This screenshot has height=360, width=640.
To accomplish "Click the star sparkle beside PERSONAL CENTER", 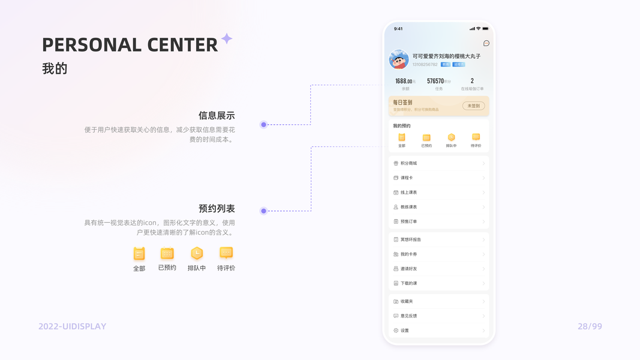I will tap(227, 39).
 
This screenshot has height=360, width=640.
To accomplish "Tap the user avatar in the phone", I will tap(399, 59).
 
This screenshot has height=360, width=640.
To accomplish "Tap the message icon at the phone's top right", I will tap(486, 43).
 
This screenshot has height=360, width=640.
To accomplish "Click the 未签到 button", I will tap(473, 106).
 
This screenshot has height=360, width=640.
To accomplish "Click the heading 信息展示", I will tap(217, 116).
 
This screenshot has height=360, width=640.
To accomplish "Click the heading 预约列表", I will tap(217, 209).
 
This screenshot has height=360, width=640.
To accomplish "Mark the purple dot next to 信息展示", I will tap(263, 125).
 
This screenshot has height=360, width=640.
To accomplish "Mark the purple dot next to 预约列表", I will tap(263, 211).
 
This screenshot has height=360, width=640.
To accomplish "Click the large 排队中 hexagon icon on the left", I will tap(197, 253).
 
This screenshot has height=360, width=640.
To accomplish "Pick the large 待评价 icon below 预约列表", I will tap(226, 253).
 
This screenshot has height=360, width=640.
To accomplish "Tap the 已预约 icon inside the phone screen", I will tap(426, 138).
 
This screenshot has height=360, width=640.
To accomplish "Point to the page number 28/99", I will tap(590, 326).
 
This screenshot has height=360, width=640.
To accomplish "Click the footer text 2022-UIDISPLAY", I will tap(73, 326).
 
